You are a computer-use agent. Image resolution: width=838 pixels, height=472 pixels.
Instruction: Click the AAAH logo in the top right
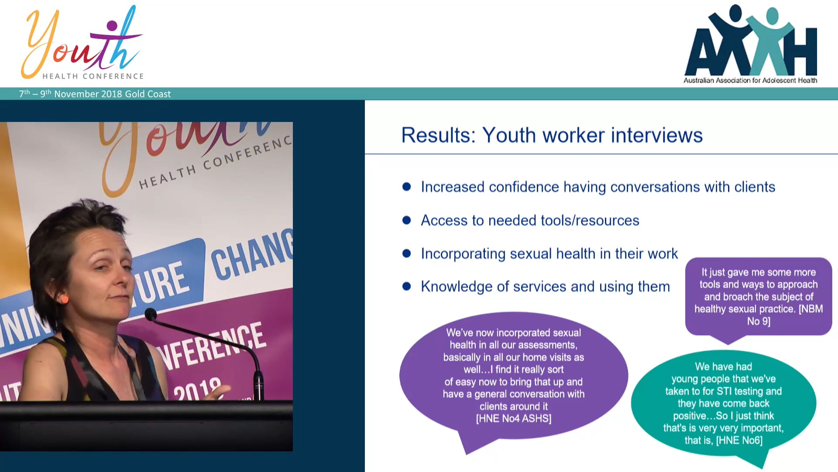coord(751,42)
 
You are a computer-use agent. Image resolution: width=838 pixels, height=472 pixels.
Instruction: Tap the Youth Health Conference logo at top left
coord(83,44)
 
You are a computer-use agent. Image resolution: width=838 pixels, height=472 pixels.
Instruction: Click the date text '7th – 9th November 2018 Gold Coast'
coord(95,94)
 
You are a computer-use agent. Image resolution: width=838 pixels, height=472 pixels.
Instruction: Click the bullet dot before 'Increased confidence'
coord(406,187)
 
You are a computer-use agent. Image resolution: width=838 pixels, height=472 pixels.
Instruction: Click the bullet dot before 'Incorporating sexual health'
coord(406,253)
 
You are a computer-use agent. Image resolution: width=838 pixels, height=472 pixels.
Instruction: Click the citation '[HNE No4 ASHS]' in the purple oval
coord(513,419)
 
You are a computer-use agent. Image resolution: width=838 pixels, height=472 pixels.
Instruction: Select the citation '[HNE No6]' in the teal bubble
coord(739,441)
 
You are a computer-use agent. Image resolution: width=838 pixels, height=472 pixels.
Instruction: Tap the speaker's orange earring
coord(64,299)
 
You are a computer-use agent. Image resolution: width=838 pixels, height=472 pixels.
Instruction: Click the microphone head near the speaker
coord(151,314)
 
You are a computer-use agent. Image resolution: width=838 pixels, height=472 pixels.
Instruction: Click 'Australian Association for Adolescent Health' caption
coord(750,80)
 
